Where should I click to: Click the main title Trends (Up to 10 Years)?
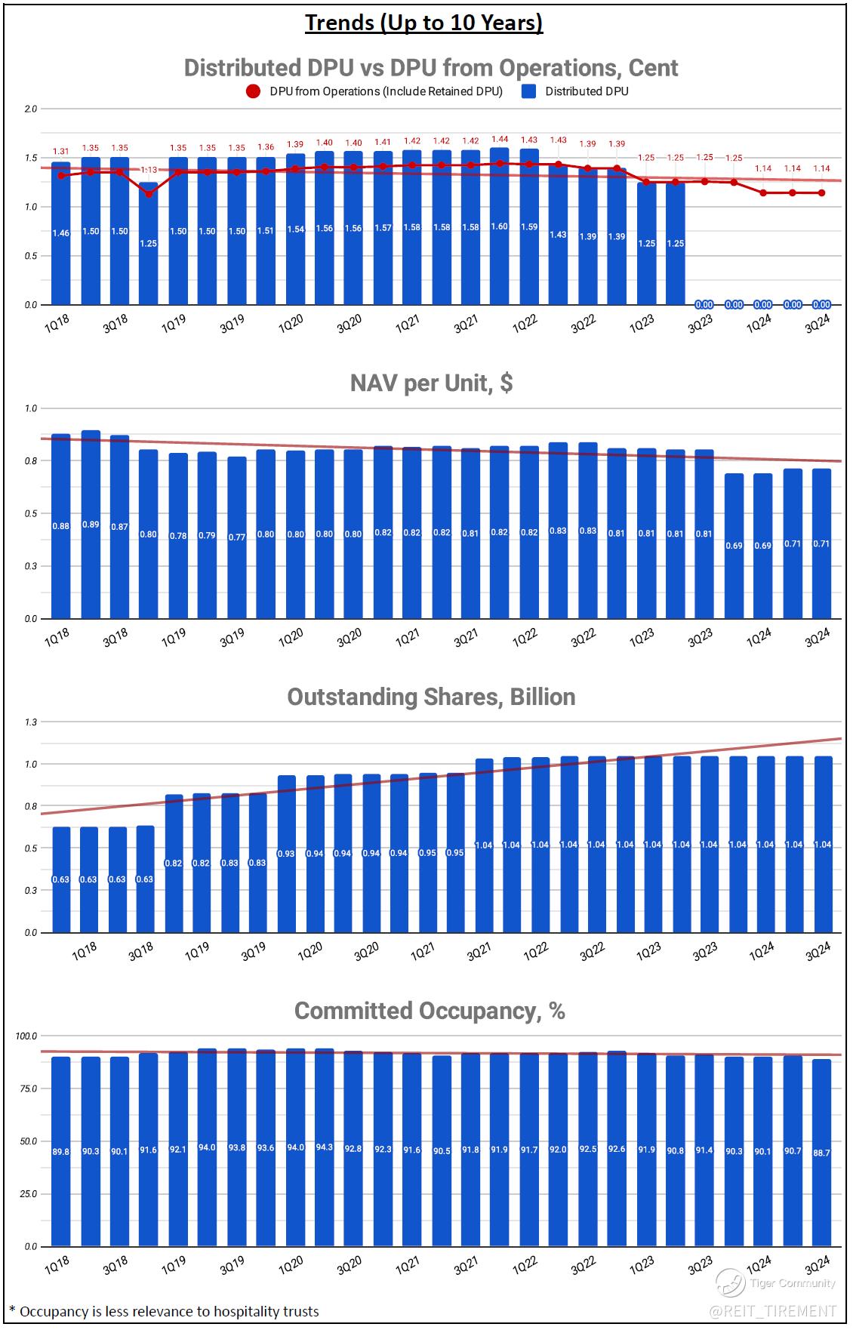point(423,23)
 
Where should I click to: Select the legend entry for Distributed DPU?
point(587,91)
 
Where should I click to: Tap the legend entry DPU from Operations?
point(386,91)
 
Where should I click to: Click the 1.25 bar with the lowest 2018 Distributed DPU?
point(149,243)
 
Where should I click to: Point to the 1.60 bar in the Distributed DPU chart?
point(499,226)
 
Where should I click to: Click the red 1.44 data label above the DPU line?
point(499,140)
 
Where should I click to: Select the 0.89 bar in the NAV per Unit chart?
point(91,525)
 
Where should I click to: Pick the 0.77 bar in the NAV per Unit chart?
point(237,537)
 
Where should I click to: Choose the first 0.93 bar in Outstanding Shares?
point(287,853)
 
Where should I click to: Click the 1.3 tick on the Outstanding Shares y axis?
point(30,722)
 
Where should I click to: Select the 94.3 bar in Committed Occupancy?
point(324,1147)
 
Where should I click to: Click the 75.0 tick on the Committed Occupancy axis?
point(28,1088)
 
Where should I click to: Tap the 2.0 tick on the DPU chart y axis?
point(30,109)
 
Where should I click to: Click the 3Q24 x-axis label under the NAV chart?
point(818,639)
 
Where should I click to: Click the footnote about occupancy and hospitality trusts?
point(164,1312)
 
